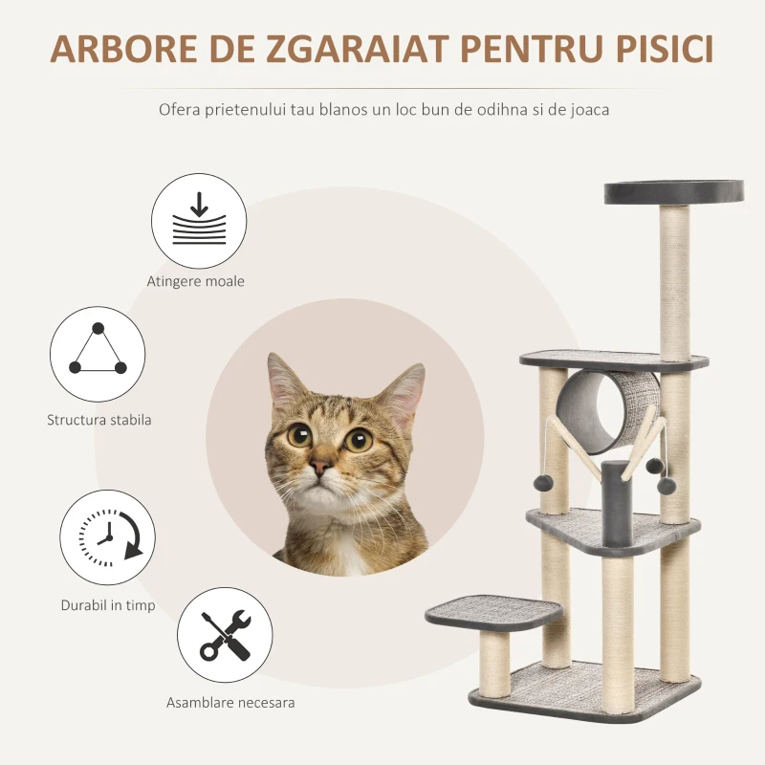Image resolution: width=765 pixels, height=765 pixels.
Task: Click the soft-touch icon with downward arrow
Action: click(199, 221)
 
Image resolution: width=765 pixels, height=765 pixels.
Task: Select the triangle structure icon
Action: click(98, 354)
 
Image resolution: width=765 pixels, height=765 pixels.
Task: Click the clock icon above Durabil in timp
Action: click(107, 538)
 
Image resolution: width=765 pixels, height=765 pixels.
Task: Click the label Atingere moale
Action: click(196, 281)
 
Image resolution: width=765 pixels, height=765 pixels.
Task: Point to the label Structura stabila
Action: click(98, 419)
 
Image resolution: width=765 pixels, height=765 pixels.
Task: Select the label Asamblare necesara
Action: click(230, 702)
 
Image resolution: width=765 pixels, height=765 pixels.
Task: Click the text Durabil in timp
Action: click(108, 605)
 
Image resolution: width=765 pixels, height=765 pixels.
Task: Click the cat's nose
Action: click(321, 468)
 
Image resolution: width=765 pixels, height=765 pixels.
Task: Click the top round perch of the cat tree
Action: click(673, 191)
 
